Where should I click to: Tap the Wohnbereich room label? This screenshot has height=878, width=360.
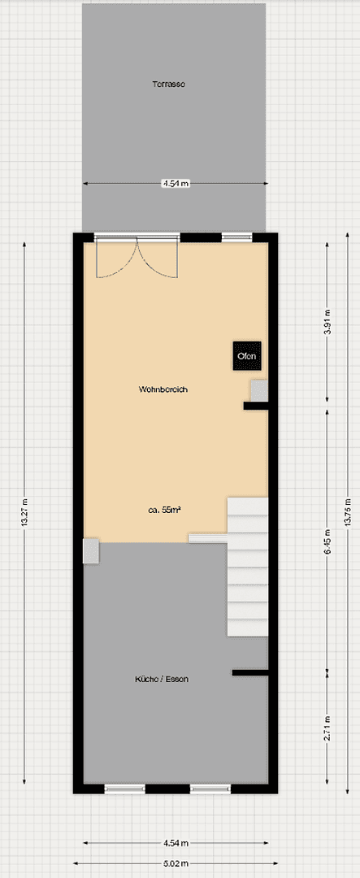[163, 389]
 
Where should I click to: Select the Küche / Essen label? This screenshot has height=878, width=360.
[163, 679]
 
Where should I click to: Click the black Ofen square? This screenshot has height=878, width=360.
[246, 355]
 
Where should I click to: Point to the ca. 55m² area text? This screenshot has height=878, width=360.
[163, 510]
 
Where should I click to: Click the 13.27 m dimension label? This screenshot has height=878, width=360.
[24, 513]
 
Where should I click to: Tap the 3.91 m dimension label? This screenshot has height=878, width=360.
[327, 323]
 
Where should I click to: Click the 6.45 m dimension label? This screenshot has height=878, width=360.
[327, 540]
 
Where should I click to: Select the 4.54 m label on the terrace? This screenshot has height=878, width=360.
[175, 184]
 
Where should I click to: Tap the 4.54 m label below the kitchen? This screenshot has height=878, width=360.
[175, 843]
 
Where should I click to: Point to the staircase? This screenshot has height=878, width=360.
[247, 567]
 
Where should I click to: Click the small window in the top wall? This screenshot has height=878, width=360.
[236, 238]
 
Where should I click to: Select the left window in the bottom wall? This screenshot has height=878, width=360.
[125, 788]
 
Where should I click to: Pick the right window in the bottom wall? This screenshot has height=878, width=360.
[210, 788]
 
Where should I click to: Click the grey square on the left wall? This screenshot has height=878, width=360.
[91, 550]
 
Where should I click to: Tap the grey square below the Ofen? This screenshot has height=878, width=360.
[258, 391]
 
